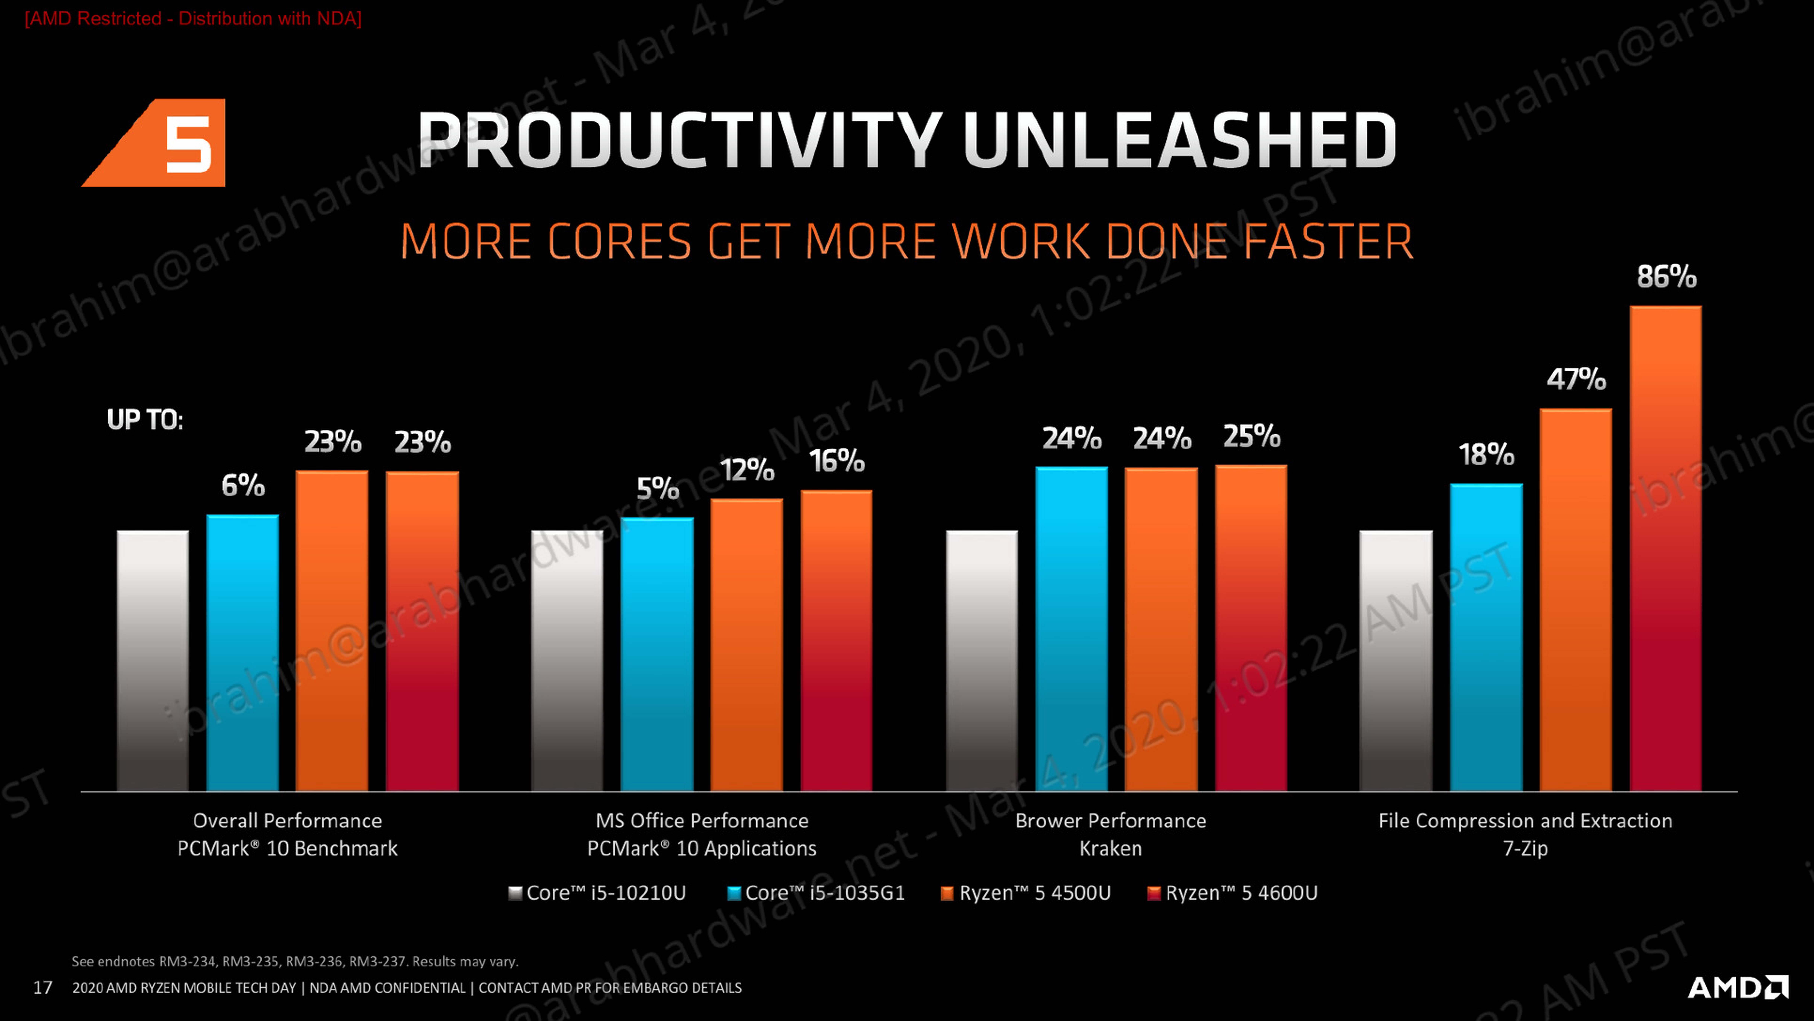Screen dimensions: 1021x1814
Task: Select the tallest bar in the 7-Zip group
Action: [1665, 549]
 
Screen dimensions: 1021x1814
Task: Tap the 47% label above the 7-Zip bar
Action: [1576, 379]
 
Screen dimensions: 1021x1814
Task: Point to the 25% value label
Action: [1251, 436]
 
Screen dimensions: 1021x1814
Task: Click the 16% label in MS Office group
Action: [837, 461]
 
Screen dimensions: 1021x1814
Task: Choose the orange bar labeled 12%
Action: [746, 644]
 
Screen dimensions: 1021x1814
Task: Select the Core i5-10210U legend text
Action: [606, 893]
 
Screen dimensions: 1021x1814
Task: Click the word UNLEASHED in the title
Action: [1180, 141]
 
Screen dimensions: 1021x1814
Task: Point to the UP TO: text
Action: [145, 420]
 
